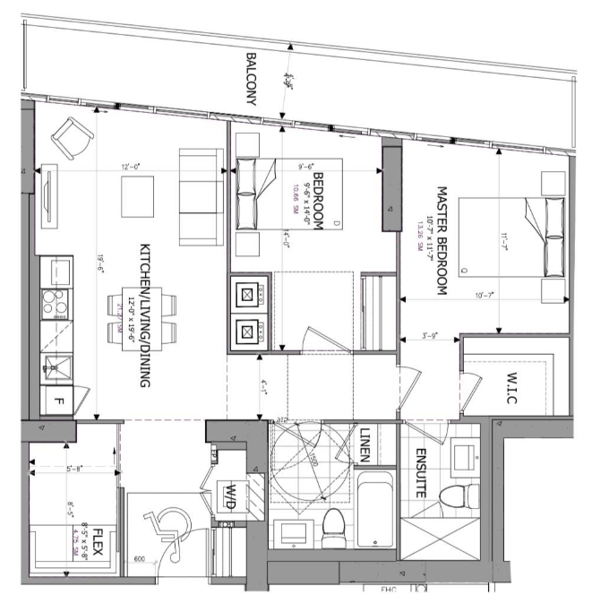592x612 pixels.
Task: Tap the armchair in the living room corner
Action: click(71, 137)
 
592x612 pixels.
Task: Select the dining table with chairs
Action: click(124, 319)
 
